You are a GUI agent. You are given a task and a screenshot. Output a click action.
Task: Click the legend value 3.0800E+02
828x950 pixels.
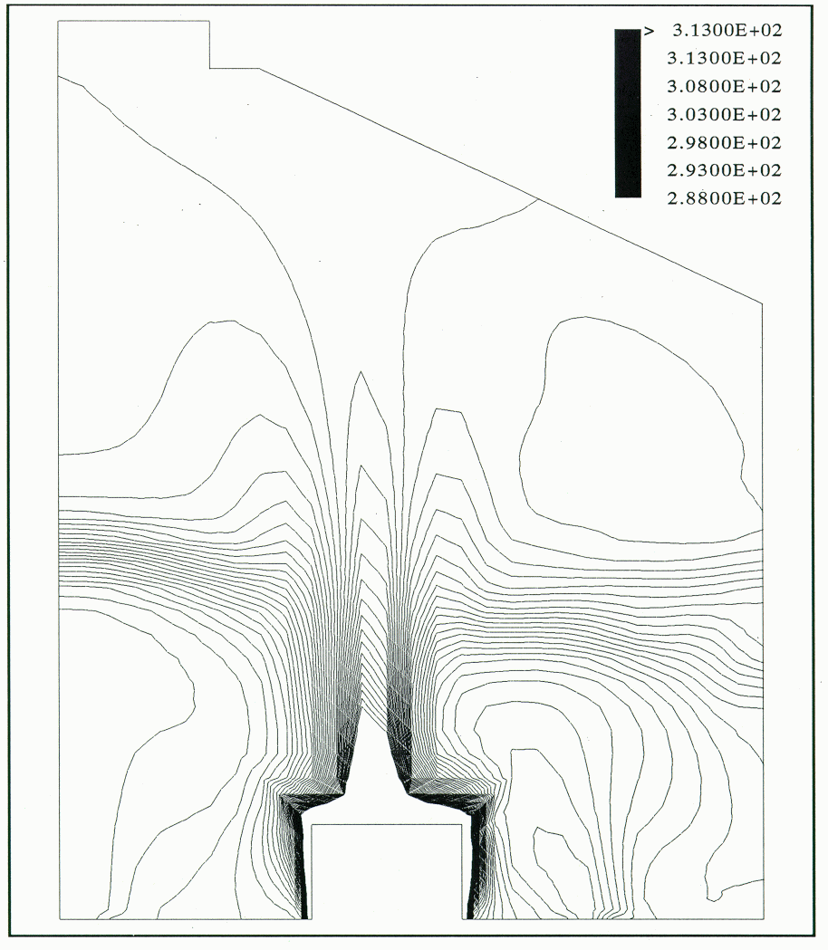tap(724, 86)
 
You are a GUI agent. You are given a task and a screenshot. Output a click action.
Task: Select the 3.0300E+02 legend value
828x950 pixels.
tap(724, 114)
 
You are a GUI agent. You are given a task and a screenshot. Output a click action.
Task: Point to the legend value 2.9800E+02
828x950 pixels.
tap(724, 142)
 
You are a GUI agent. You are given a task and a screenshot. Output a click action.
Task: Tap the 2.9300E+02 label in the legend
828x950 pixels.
tap(724, 170)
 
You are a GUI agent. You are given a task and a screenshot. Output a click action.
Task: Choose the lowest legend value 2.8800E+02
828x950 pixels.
tap(724, 198)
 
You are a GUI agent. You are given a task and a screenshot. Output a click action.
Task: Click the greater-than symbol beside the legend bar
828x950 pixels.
tap(649, 31)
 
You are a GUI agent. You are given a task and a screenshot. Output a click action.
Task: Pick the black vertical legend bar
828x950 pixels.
tap(628, 113)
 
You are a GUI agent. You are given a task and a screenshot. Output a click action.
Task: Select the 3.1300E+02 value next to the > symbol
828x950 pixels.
tap(727, 30)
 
